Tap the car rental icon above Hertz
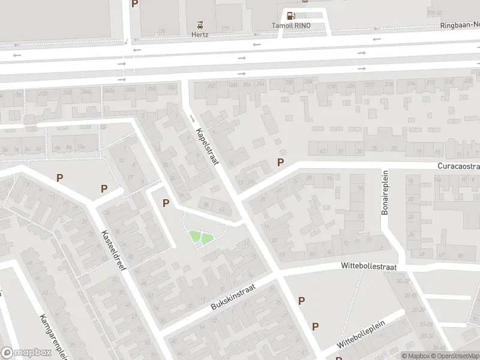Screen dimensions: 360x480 [200, 25]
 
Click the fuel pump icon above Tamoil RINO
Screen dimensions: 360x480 [291, 16]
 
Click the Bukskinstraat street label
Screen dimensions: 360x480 [233, 298]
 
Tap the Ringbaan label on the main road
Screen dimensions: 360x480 [460, 25]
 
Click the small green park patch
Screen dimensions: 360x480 [200, 238]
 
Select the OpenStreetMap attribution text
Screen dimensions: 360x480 [457, 356]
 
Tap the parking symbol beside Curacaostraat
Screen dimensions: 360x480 [280, 162]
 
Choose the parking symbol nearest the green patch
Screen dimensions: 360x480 [166, 204]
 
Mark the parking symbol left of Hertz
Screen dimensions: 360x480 [135, 4]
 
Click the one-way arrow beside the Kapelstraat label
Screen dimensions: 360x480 [192, 117]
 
